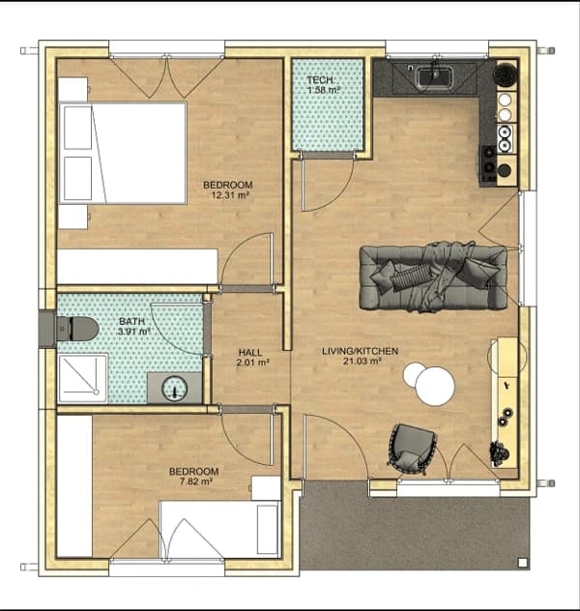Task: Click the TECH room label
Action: (x=320, y=80)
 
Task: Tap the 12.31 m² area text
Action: (x=230, y=195)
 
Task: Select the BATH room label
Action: (x=131, y=322)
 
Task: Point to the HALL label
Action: (x=250, y=353)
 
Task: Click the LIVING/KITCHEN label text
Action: (x=360, y=351)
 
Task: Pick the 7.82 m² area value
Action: (x=196, y=481)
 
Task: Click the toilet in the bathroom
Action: (x=77, y=329)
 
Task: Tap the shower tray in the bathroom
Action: (x=82, y=378)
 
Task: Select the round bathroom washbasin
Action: (x=175, y=388)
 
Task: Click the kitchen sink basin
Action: (x=435, y=76)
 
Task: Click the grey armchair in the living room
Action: (x=412, y=449)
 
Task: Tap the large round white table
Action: (x=435, y=386)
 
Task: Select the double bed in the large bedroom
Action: (x=123, y=153)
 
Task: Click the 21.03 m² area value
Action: (x=362, y=362)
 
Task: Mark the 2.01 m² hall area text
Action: (x=253, y=363)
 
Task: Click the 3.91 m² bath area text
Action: (x=134, y=332)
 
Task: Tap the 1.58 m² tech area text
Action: (x=324, y=91)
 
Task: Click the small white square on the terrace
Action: (x=522, y=562)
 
